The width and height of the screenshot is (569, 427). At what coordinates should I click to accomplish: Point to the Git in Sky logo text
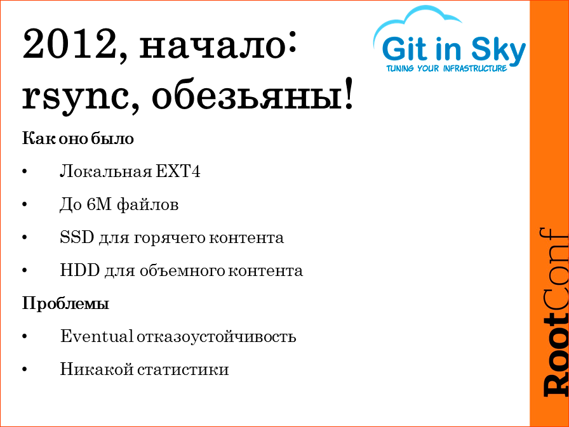(453, 49)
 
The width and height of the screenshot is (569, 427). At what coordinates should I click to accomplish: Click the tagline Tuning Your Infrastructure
(446, 68)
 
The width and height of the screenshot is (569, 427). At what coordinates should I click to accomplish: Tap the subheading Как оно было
(78, 138)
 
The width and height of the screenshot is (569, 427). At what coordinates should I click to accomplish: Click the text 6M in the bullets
(90, 205)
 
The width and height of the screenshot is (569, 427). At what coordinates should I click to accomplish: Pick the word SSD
(77, 238)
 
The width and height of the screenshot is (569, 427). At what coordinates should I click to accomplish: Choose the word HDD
(79, 271)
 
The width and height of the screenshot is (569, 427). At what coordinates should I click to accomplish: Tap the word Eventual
(97, 336)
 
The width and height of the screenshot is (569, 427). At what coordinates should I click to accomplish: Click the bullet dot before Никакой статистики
(25, 370)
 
